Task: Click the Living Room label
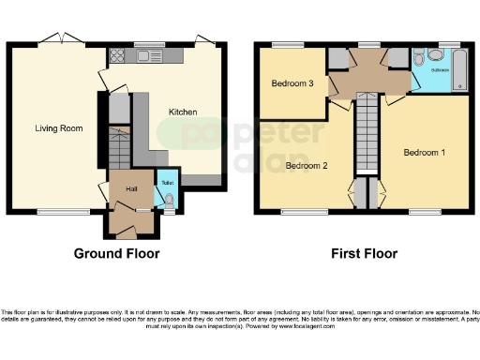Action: tap(55, 128)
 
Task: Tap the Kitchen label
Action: tap(182, 112)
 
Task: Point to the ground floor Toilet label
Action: tap(166, 183)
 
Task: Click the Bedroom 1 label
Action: tap(425, 152)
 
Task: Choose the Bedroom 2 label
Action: tap(307, 166)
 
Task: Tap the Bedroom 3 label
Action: tap(292, 83)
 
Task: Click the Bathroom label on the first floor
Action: tap(440, 69)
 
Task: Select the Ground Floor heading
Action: tap(116, 253)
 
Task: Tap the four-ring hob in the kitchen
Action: tap(118, 56)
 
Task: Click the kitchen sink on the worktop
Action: tap(148, 56)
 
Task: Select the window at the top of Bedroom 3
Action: tap(285, 44)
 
